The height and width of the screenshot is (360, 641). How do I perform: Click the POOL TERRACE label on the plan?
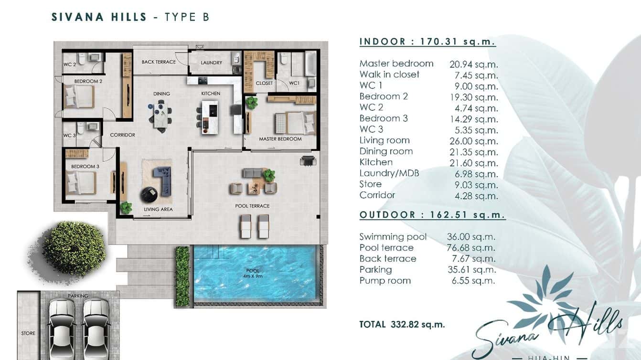(x=252, y=206)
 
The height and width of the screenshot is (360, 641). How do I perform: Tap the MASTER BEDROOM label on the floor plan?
(x=280, y=139)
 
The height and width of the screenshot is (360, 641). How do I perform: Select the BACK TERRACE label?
(x=159, y=62)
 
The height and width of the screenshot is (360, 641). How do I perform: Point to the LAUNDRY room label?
(x=211, y=63)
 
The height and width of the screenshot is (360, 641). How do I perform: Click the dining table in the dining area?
(x=161, y=117)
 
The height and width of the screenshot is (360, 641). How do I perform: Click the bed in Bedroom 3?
(x=81, y=182)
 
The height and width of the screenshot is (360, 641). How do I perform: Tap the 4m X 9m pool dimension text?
(x=253, y=276)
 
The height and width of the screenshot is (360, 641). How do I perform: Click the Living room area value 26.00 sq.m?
(x=473, y=141)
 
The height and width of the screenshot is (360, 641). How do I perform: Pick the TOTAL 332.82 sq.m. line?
(x=402, y=325)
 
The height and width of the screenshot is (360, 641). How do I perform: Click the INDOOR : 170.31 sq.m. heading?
(x=427, y=42)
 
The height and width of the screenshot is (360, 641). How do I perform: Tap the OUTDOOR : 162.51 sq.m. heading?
(x=432, y=215)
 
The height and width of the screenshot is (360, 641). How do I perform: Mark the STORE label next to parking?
(x=28, y=333)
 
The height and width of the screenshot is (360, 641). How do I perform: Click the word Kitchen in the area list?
(x=376, y=162)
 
